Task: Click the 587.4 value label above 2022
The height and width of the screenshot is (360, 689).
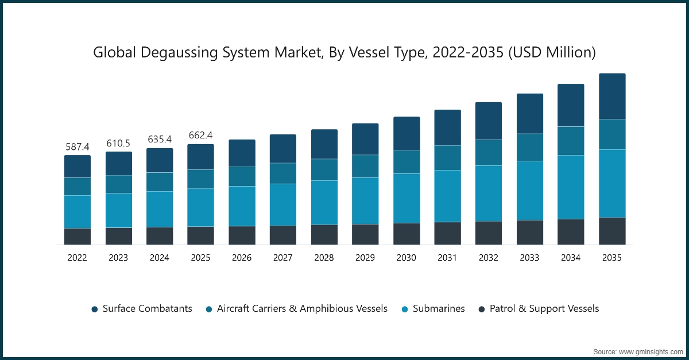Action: pyautogui.click(x=77, y=148)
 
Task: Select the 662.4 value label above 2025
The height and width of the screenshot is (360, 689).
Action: pyautogui.click(x=200, y=136)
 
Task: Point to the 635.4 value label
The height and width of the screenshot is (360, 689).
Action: pyautogui.click(x=160, y=140)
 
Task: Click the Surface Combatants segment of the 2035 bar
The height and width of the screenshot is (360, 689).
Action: pyautogui.click(x=612, y=96)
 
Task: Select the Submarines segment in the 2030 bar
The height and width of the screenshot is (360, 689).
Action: pyautogui.click(x=407, y=198)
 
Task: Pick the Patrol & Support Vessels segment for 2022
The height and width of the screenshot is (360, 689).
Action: pyautogui.click(x=77, y=237)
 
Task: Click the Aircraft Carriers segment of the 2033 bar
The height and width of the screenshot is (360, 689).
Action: pyautogui.click(x=530, y=148)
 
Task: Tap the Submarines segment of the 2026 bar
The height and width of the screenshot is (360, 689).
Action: pyautogui.click(x=242, y=206)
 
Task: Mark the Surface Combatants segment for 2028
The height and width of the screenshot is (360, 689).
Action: pyautogui.click(x=324, y=144)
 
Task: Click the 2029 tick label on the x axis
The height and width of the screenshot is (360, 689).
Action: pyautogui.click(x=365, y=258)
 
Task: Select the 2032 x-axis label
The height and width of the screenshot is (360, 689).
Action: pyautogui.click(x=489, y=258)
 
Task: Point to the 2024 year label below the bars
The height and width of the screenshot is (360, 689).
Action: pyautogui.click(x=160, y=258)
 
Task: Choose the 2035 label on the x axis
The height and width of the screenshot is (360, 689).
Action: pyautogui.click(x=612, y=258)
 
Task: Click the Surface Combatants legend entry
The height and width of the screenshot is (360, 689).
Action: pyautogui.click(x=147, y=309)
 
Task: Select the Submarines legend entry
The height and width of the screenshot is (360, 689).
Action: pyautogui.click(x=438, y=309)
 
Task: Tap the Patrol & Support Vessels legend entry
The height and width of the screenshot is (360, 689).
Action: pyautogui.click(x=544, y=309)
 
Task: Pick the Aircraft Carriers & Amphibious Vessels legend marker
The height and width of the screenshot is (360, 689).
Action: pyautogui.click(x=209, y=309)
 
